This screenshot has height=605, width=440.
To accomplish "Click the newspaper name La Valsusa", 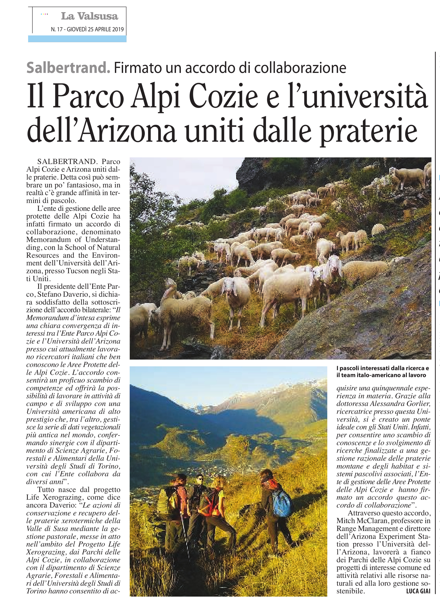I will click(x=89, y=16).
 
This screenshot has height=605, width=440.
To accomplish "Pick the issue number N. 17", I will click(x=56, y=29).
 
